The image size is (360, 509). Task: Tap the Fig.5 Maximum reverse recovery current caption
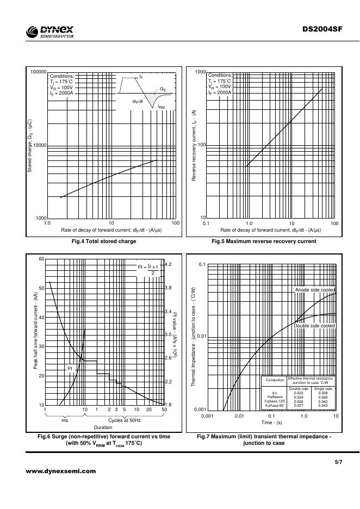coord(264,241)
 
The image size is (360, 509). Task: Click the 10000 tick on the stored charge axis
coord(39,145)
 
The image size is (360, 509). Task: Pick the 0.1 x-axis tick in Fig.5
coord(206,224)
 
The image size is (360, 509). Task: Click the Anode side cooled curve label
coord(315,290)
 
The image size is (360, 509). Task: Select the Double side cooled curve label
coord(314,325)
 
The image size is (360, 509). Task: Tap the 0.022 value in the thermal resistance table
coord(298,393)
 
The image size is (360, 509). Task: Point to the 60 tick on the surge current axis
coord(41,259)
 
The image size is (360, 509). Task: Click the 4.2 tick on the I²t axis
coord(168,264)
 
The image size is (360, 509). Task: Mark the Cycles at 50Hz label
coord(125,420)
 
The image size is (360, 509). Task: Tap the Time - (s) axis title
coord(271,423)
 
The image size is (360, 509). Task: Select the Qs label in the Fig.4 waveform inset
coord(163,88)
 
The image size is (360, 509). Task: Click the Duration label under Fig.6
coord(103,427)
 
